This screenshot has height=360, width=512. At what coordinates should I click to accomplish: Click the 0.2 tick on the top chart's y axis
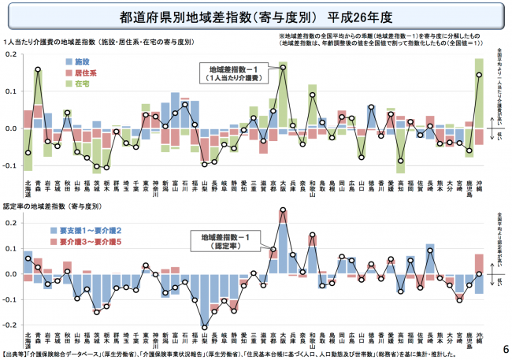(9, 54)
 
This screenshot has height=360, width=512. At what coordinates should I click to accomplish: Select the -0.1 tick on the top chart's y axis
(9, 166)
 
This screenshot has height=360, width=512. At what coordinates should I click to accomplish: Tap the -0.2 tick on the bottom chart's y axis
(9, 324)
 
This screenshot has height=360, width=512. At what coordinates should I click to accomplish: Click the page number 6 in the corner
(503, 347)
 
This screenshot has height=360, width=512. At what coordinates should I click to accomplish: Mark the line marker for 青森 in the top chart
(38, 69)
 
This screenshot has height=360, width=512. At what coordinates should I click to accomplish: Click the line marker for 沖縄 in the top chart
(479, 75)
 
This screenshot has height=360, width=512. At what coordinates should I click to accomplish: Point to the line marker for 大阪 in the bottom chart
(283, 210)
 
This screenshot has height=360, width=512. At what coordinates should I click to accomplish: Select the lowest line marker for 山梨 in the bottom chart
(204, 326)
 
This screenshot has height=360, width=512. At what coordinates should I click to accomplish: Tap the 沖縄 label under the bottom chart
(479, 340)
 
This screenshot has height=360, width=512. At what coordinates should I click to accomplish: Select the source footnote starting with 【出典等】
(197, 354)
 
